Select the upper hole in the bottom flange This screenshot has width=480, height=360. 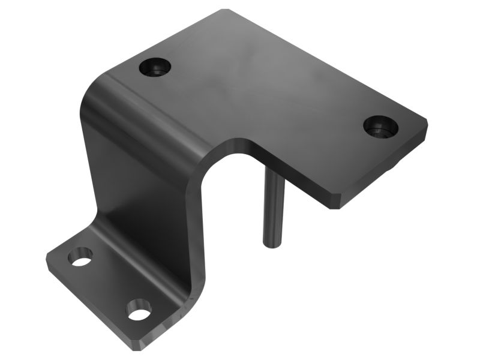coord(80,258)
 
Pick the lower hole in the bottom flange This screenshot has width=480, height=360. coord(139,311)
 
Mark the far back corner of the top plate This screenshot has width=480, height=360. coord(225,10)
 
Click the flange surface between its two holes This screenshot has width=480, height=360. coord(108,285)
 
